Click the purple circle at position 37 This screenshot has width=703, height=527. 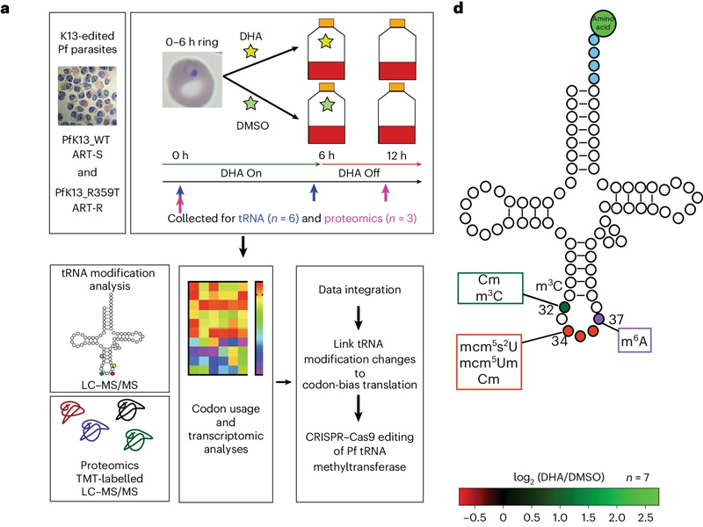[599, 318]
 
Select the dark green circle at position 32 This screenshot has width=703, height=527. [564, 307]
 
